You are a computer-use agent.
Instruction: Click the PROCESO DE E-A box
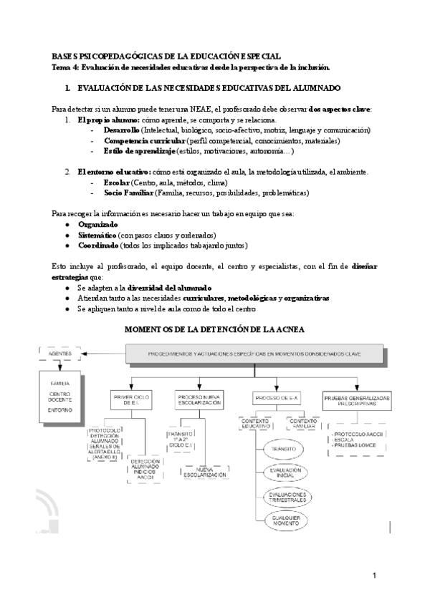[276, 398]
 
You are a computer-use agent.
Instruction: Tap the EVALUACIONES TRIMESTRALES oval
[286, 496]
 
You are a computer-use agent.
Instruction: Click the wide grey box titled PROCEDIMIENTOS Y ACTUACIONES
[254, 354]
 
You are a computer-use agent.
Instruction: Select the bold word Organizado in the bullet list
[97, 225]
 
